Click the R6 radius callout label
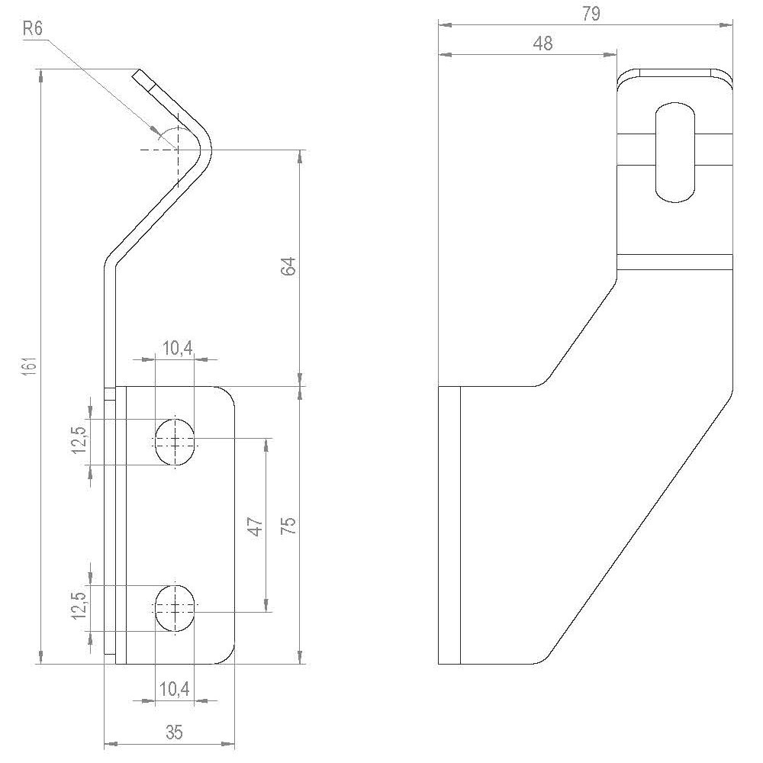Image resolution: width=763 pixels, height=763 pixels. pos(32,28)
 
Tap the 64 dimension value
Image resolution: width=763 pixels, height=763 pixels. pos(288,268)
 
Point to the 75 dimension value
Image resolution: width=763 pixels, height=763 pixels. pos(288,526)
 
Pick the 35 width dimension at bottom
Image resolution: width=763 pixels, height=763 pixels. pos(174,732)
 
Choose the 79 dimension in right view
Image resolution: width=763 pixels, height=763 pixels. pos(591,14)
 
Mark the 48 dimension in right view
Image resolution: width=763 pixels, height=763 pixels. pos(542,43)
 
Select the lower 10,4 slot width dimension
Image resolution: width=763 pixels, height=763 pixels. pos(174,690)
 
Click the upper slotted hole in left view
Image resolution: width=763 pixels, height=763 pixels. pos(175,440)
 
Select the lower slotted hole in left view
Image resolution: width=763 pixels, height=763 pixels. pos(175,608)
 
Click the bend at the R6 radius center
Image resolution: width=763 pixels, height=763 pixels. pos(176,150)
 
